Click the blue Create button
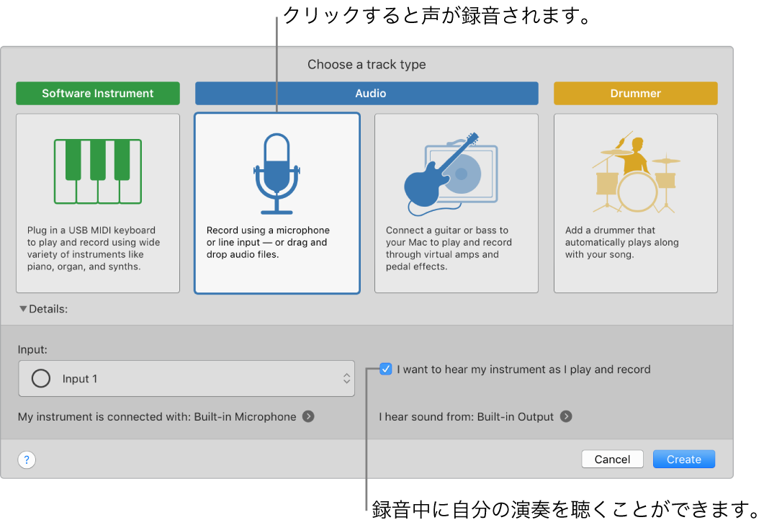coord(683,459)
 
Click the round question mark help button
coord(27,460)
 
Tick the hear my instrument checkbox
coord(386,369)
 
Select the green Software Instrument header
coord(98,94)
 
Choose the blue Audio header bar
coord(367,94)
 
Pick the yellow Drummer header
coord(635,94)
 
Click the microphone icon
coord(277,173)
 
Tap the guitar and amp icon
coord(451,174)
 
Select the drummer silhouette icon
coord(635,173)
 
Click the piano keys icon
coord(98,171)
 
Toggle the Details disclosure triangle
coord(23,309)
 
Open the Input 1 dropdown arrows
coord(346,379)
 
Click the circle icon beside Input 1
coord(41,379)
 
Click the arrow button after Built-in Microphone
coord(308,416)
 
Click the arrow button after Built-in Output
coord(566,416)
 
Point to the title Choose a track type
coord(367,64)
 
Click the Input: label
coord(32,349)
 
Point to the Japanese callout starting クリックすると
coord(436,16)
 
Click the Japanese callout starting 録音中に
coord(565,509)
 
